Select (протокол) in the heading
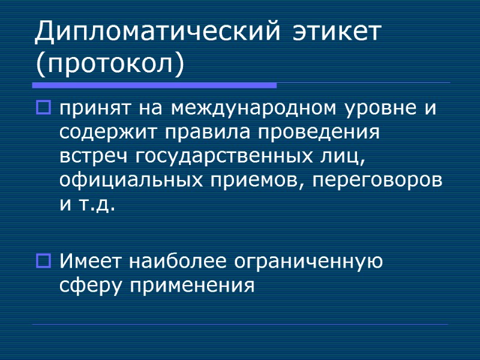click(x=109, y=63)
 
